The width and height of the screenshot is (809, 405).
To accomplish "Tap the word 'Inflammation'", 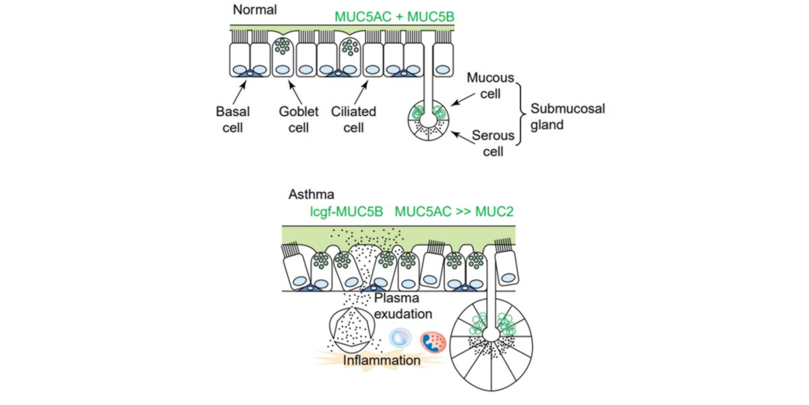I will [382, 361].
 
